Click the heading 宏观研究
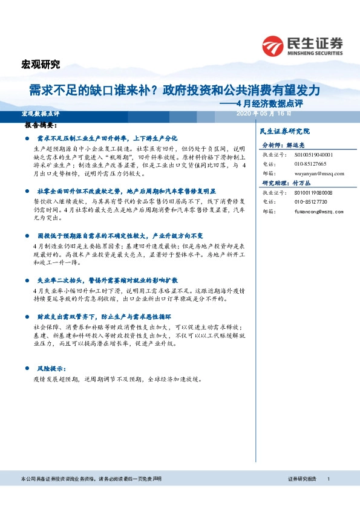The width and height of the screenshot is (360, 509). click(41, 65)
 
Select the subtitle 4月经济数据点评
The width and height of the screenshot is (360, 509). click(271, 103)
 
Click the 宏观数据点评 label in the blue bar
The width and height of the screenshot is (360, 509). click(41, 114)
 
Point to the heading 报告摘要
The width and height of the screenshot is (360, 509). click(41, 126)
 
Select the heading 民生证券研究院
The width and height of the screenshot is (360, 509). click(284, 131)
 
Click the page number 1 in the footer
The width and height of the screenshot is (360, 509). click(328, 479)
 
